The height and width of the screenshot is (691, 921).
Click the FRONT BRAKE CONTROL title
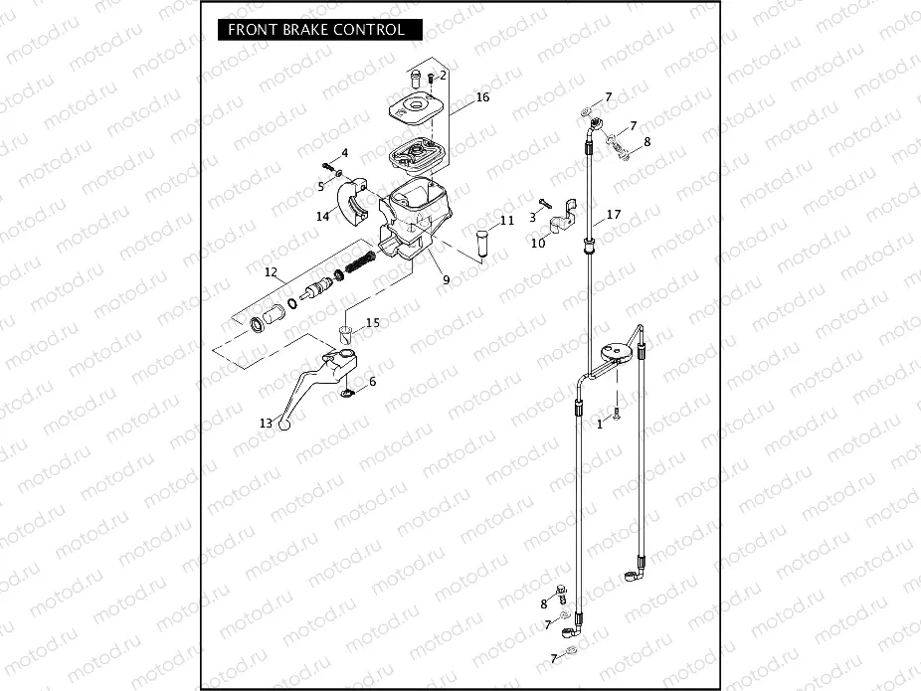[x=316, y=30]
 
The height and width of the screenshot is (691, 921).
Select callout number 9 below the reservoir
[x=446, y=279]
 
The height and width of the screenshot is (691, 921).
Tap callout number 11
[x=507, y=220]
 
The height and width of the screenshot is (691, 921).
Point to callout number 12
[x=271, y=272]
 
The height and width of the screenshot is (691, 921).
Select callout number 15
[x=372, y=322]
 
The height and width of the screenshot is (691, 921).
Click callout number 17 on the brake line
[x=614, y=215]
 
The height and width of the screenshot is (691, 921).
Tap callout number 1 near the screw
[x=600, y=423]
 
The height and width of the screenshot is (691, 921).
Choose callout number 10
[x=538, y=243]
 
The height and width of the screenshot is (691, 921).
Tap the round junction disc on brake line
[x=618, y=351]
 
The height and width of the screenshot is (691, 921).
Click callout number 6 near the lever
[x=372, y=382]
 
